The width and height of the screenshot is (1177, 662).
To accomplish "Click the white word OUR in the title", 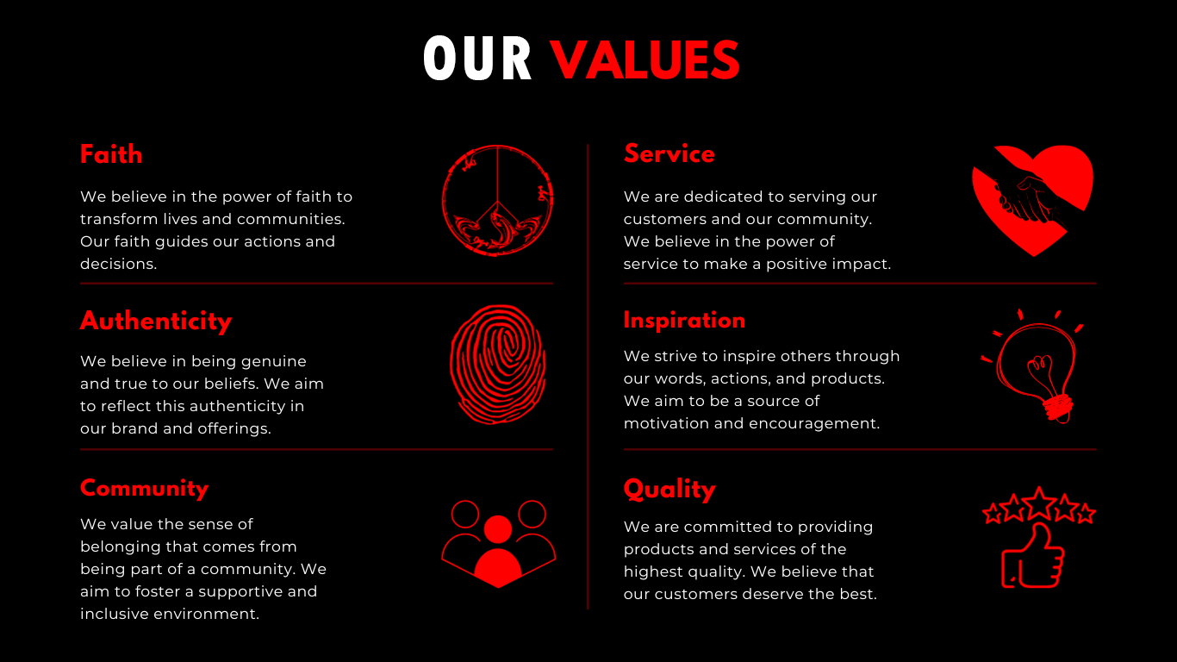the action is click(477, 59).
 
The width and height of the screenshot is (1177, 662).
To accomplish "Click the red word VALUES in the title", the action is click(645, 60).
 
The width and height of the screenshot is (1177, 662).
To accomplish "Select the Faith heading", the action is click(111, 154).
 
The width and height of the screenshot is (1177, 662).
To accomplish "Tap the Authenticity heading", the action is click(156, 321).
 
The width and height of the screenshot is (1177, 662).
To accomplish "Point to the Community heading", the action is click(145, 489).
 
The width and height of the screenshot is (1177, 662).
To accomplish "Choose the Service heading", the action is click(669, 153).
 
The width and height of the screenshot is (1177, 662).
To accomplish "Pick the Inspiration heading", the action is click(684, 320).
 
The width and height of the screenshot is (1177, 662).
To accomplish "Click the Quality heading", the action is click(669, 490).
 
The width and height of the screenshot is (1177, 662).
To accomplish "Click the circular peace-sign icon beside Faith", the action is click(498, 147).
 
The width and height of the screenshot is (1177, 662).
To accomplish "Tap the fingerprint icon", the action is click(498, 365).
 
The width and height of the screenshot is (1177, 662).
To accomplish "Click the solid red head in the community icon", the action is click(498, 529).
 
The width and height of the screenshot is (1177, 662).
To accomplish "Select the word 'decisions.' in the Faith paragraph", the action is click(118, 264).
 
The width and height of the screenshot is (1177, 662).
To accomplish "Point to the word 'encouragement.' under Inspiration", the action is click(814, 424).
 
